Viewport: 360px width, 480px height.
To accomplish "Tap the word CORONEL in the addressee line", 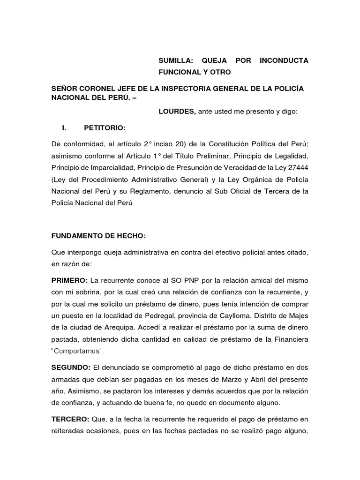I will [105, 89].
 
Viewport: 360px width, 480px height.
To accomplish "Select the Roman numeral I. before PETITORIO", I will [65, 127].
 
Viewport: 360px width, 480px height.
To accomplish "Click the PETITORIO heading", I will [105, 127].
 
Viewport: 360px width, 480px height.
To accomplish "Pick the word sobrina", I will [88, 291].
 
